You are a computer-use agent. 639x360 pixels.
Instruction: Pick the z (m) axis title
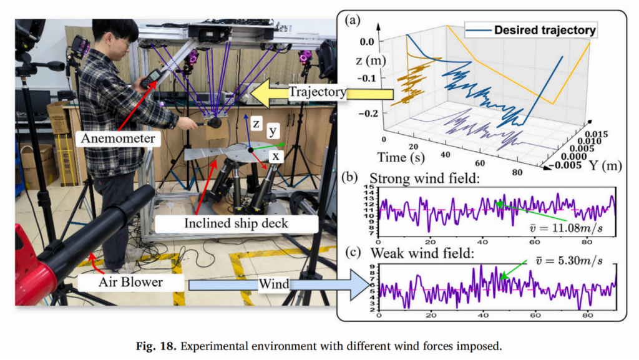[x=367, y=61]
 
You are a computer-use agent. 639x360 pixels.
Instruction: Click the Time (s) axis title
[x=406, y=157]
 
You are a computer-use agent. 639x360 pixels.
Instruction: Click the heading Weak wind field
[x=417, y=253]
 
